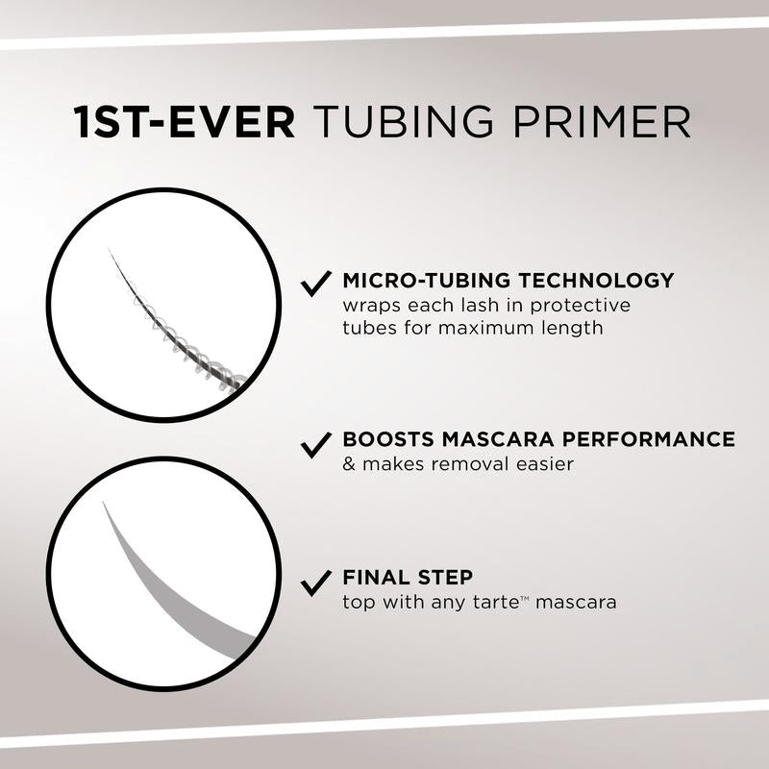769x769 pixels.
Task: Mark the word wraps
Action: pos(369,306)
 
